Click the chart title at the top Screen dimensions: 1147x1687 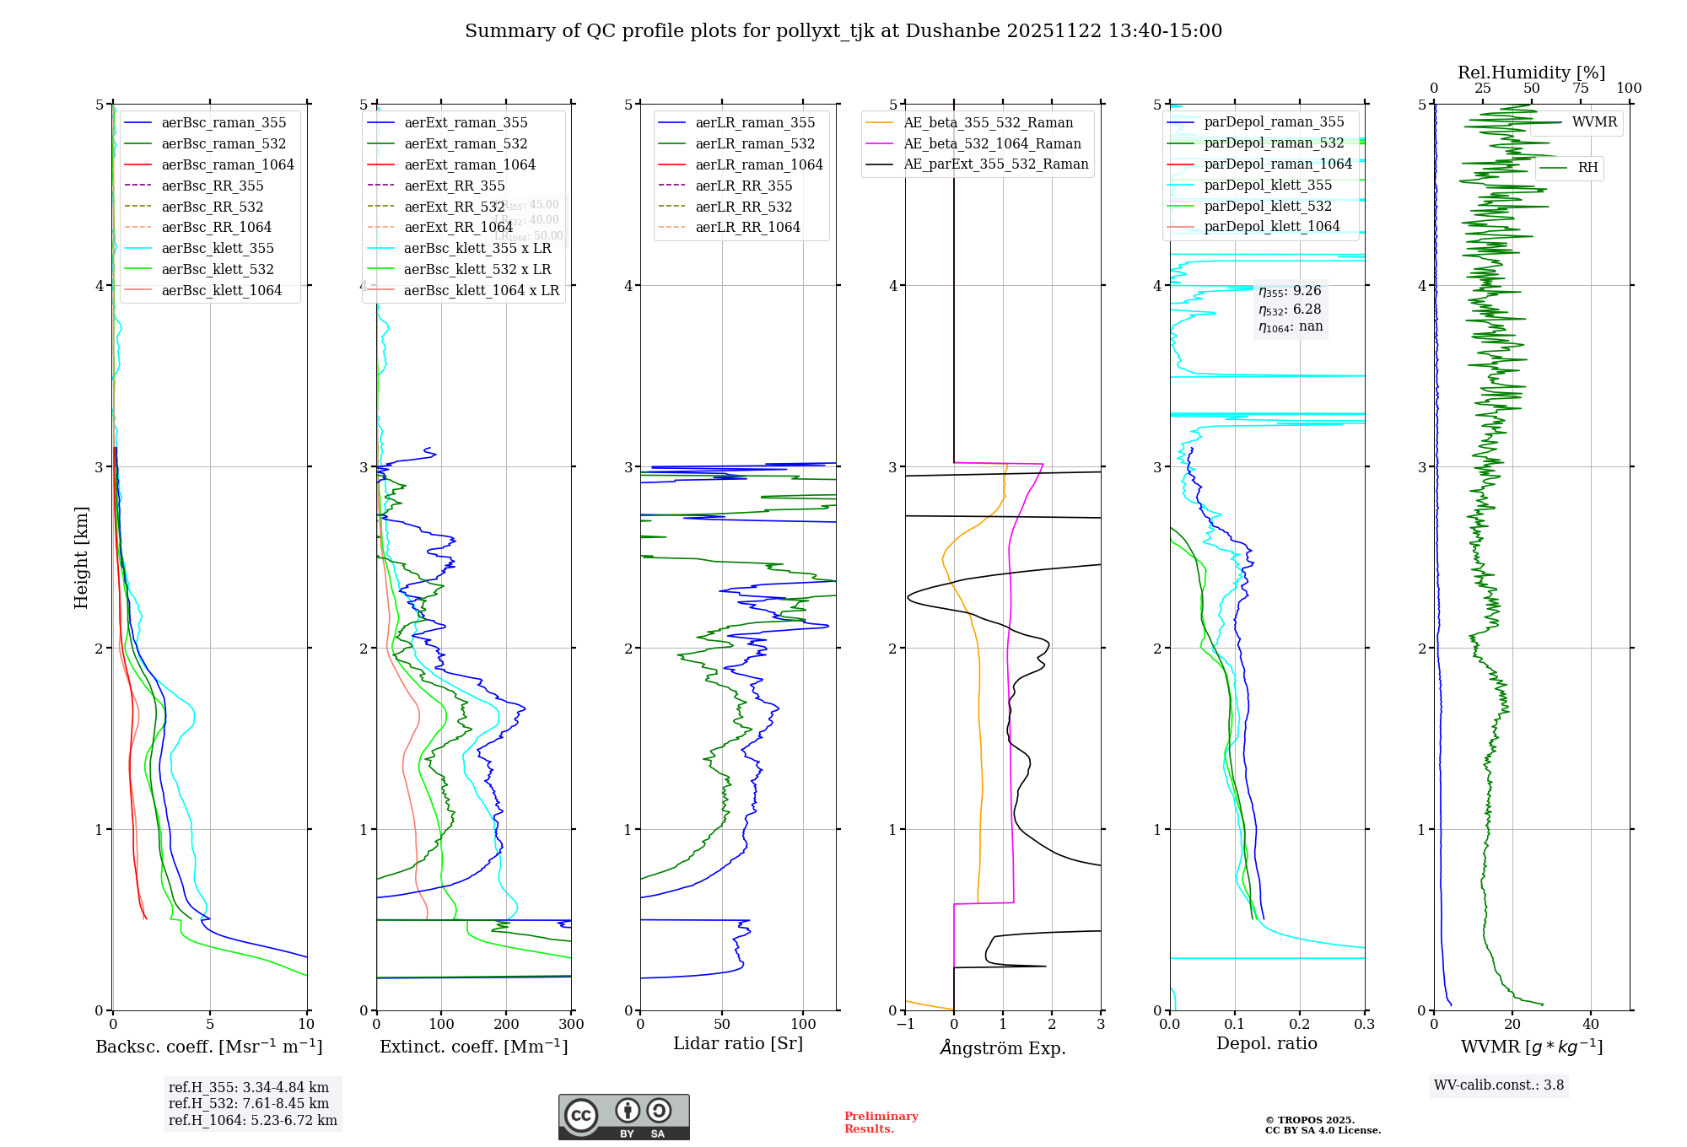coord(843,31)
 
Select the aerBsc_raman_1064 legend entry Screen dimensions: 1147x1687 coord(228,164)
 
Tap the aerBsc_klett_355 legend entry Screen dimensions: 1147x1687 coord(218,248)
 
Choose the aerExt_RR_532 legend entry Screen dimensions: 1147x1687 coord(455,207)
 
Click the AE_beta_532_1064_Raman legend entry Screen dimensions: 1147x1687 coord(992,143)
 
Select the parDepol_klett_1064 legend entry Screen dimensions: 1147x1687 coord(1272,226)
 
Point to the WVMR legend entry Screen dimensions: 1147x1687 coord(1594,122)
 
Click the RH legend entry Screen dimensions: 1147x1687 coord(1587,168)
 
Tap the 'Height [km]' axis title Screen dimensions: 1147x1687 coord(81,557)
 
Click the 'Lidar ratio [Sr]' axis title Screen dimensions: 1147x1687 coord(738,1043)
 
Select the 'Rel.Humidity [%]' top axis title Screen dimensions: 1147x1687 coord(1531,73)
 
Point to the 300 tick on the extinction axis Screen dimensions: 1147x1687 coord(571,1024)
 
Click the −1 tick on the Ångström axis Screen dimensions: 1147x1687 coord(905,1024)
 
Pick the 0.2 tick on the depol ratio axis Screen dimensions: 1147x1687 coord(1300,1024)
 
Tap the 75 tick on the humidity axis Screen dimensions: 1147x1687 coord(1580,89)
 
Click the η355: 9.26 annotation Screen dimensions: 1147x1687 coord(1290,291)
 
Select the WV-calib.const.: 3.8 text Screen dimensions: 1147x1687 coord(1499,1085)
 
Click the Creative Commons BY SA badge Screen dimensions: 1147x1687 coord(623,1117)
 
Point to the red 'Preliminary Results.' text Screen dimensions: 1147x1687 coord(881,1122)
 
